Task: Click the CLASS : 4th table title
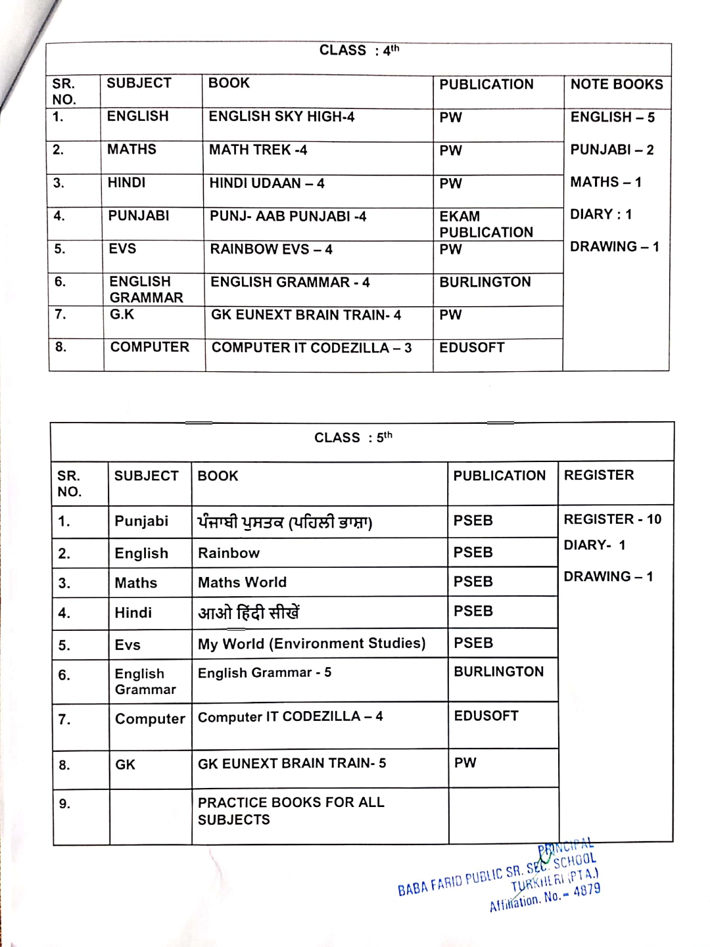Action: [359, 51]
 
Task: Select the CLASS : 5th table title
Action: [353, 438]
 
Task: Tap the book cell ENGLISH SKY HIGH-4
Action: [281, 117]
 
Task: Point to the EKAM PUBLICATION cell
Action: [486, 224]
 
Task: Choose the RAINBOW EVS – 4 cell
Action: [271, 250]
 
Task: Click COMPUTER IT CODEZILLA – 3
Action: [312, 348]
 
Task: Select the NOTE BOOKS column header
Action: [617, 85]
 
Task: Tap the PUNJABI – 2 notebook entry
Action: [611, 150]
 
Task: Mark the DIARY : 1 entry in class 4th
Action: [600, 214]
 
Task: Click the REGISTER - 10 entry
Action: [612, 519]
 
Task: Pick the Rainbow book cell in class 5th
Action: [229, 553]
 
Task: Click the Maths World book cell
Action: [242, 583]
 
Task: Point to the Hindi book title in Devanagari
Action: [248, 613]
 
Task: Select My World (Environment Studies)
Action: [312, 644]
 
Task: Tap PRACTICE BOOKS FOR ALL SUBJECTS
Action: [291, 811]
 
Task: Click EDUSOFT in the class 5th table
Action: [486, 716]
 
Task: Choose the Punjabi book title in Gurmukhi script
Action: [285, 522]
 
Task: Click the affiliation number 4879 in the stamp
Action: [586, 890]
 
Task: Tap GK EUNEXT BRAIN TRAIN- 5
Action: [292, 764]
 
